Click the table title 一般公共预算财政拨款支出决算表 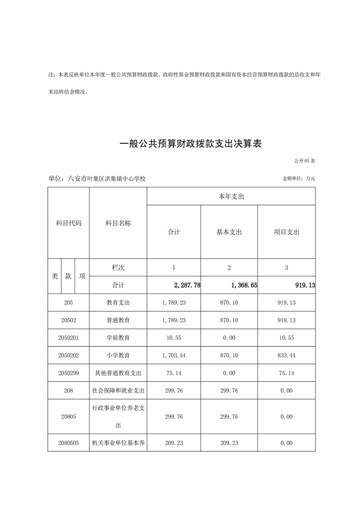191,144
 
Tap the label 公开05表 304,161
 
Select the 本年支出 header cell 231,196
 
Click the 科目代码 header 69,223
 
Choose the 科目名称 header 118,223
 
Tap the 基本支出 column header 229,232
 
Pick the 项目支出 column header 286,232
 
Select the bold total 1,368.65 241,285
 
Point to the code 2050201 69,338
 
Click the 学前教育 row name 118,338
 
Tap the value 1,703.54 174,356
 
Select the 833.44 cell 286,356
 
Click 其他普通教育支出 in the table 118,373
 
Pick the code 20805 69,417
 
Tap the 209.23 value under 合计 174,443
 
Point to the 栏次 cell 118,268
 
